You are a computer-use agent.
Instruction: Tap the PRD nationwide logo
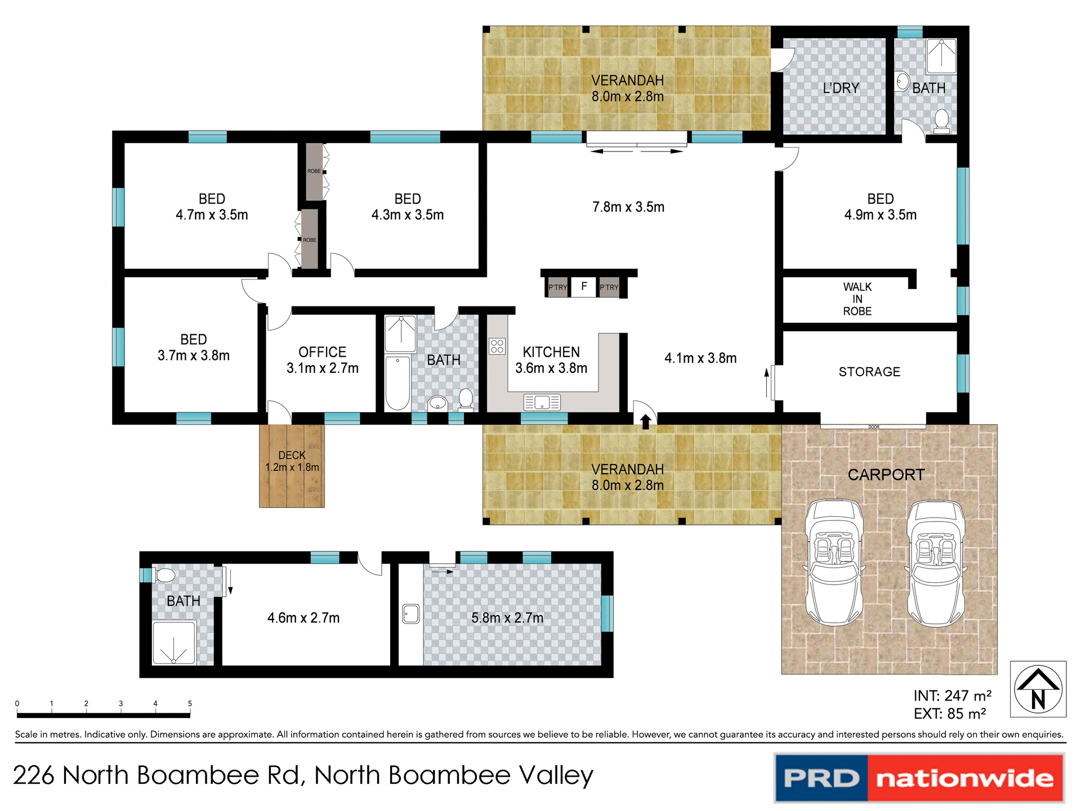point(919,778)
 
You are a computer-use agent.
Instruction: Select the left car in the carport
point(834,562)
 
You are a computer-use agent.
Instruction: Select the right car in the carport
point(935,563)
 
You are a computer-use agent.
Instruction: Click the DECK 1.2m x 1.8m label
point(292,461)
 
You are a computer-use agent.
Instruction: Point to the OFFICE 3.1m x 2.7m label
point(322,360)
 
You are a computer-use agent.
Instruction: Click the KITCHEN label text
point(551,352)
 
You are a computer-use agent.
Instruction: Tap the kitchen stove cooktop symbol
point(497,346)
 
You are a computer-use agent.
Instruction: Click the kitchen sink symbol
point(542,402)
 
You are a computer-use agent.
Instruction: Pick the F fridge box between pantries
point(584,287)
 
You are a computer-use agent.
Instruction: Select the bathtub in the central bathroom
point(397,382)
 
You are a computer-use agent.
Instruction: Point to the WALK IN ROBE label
point(857,299)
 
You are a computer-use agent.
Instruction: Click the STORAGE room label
point(869,372)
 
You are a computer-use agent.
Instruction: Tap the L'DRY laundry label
point(841,88)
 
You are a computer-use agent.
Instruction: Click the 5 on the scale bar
point(190,703)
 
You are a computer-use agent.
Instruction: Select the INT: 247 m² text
point(952,696)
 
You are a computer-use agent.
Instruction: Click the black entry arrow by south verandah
point(645,421)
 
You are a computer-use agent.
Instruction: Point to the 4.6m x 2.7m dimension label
point(303,618)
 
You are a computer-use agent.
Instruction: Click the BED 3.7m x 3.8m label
point(193,347)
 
